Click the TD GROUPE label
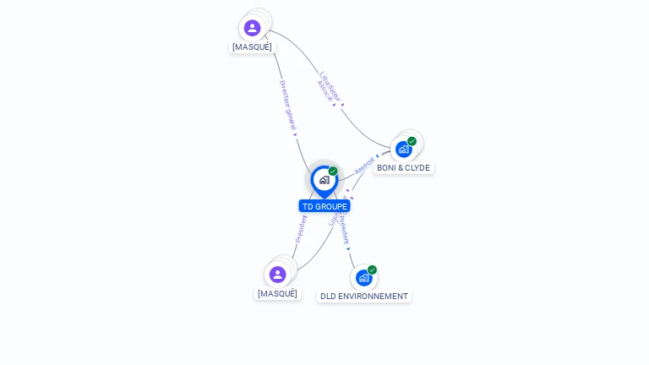324,206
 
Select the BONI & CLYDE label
403,167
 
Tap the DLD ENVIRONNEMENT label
363,296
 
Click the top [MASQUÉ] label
252,46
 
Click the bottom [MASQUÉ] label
277,293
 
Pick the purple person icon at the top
252,28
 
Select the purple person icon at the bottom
277,275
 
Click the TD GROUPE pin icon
324,180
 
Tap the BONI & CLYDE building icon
403,150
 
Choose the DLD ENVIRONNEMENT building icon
363,277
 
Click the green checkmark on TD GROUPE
333,172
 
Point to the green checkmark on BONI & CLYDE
412,141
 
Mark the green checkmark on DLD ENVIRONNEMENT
372,270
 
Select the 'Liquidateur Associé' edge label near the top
328,87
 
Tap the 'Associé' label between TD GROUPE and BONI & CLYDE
364,165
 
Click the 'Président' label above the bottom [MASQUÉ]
302,228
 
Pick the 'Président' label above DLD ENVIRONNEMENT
343,228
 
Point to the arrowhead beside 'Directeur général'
296,132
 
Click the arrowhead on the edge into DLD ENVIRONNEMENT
348,248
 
